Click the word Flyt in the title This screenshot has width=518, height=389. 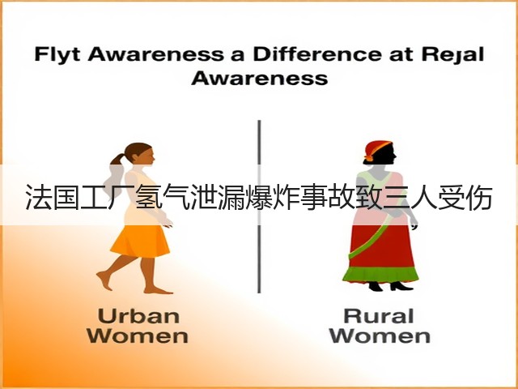tap(57, 54)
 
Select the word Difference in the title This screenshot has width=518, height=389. tap(317, 54)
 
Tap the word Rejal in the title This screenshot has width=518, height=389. tap(453, 55)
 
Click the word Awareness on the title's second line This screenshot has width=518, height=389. tap(260, 79)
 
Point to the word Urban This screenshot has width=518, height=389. tap(138, 316)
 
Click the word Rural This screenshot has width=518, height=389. tap(379, 316)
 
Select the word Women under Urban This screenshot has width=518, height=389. tap(138, 336)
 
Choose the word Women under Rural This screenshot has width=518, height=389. tap(380, 336)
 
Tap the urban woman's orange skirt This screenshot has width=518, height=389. tap(140, 241)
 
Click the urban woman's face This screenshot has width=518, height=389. tap(148, 156)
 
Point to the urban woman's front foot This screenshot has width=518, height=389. tap(158, 290)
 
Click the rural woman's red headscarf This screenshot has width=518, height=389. tap(376, 149)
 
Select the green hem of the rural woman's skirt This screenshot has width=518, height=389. tap(380, 276)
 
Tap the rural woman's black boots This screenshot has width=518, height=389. tap(390, 286)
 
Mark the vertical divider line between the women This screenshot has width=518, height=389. tap(259, 207)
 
